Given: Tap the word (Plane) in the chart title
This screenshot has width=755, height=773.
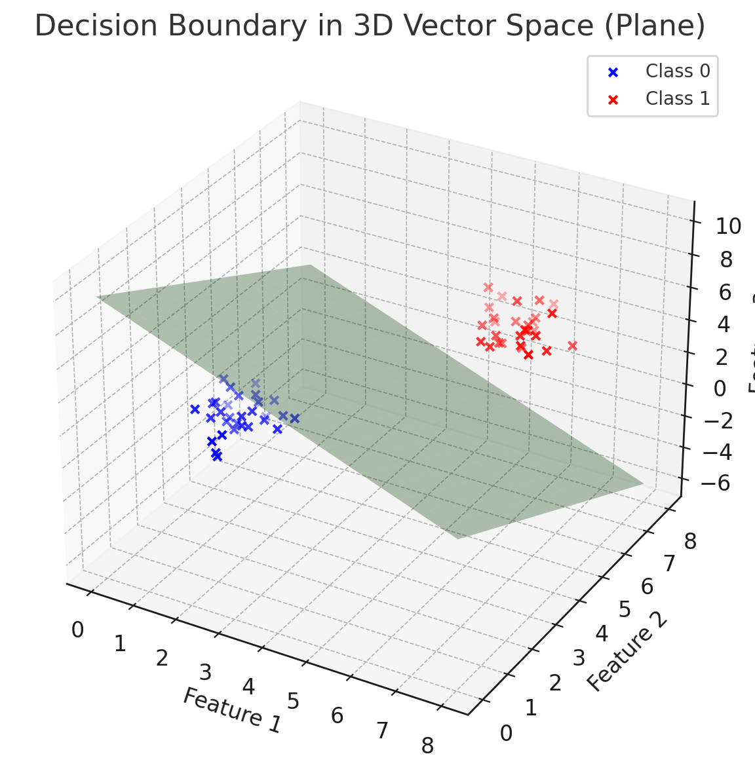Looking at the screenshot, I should (655, 27).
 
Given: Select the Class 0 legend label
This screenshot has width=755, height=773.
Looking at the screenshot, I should (677, 71).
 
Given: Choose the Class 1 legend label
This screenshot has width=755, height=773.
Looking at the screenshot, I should (677, 98).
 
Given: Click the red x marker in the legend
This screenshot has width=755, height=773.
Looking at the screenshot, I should (613, 100).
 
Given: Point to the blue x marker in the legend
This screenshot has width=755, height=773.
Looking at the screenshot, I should (613, 72).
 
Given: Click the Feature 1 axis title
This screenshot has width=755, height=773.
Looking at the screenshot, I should (231, 709).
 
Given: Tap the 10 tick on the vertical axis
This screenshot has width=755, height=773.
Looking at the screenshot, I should (719, 227).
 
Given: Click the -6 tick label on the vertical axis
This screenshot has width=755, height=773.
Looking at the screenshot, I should (715, 483).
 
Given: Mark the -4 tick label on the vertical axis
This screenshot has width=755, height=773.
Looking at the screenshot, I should (715, 452).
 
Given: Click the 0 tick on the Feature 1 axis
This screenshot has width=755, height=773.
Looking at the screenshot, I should (77, 630).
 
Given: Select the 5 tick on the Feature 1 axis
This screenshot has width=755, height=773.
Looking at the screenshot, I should (293, 702).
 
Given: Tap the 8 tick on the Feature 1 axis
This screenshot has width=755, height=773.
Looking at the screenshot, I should (427, 746).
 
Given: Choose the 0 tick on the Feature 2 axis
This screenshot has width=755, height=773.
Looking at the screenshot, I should (506, 734).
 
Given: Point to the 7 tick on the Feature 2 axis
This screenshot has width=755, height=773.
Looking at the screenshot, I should (668, 563).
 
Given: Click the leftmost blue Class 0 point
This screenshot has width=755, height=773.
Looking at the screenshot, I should (195, 409).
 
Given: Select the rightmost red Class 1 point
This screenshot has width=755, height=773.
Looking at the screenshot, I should (572, 345).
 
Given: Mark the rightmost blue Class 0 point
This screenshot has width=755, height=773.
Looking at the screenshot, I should (294, 418).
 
